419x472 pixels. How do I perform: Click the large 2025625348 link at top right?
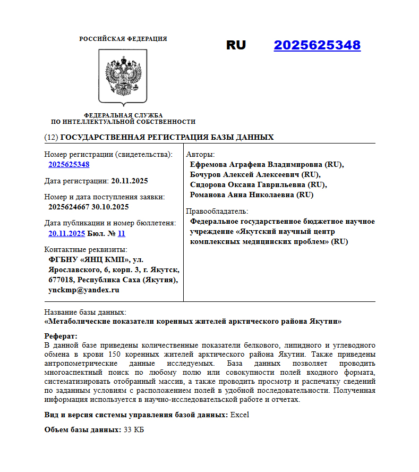pos(317,45)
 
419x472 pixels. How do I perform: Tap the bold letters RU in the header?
pos(236,45)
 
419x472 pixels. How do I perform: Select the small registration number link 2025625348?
pos(69,165)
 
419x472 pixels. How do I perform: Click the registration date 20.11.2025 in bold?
pos(130,181)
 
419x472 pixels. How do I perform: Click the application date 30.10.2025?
pos(110,207)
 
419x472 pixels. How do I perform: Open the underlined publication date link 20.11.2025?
pos(66,233)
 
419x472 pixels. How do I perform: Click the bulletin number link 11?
pos(122,233)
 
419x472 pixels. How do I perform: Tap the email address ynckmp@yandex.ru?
pos(83,290)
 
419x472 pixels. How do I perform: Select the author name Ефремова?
pos(208,165)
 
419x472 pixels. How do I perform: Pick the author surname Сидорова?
pos(207,185)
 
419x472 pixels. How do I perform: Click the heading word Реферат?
pos(61,336)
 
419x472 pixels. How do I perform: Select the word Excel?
pos(240,415)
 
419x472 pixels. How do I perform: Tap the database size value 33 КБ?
pos(134,429)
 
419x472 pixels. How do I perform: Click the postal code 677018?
pos(61,280)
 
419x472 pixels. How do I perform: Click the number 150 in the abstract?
pos(115,354)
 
